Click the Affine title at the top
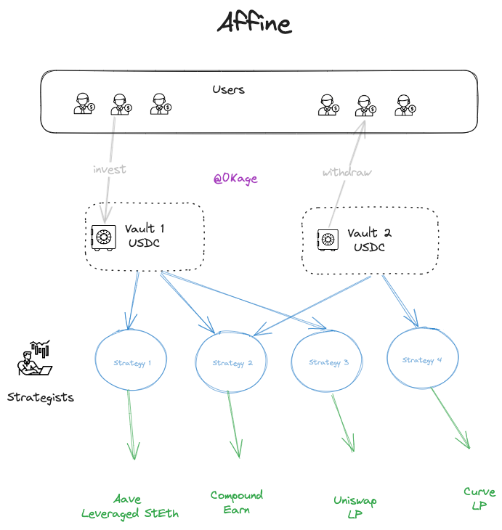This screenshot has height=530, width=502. [254, 23]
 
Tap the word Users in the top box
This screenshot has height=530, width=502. [228, 89]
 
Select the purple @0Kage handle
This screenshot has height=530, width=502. [235, 179]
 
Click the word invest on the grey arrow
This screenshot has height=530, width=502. [109, 169]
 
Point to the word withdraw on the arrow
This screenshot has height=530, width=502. [347, 172]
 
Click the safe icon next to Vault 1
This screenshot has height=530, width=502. [103, 237]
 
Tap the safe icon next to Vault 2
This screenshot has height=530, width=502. [328, 240]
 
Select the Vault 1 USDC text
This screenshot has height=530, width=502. [145, 235]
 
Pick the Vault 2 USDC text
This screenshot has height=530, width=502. [369, 240]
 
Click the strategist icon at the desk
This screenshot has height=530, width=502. [35, 358]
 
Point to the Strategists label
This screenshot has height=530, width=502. [41, 398]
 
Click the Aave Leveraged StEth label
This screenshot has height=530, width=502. [130, 506]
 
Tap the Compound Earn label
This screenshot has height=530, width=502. [236, 502]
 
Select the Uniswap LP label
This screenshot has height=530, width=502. [355, 507]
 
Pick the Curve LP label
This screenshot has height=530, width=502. [479, 498]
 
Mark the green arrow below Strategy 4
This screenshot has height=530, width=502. [450, 418]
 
